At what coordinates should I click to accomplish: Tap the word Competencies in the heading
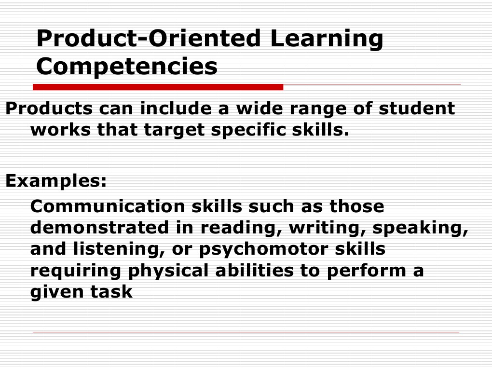point(127,67)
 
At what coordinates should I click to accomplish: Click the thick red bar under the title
point(158,87)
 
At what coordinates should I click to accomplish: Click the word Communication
point(108,206)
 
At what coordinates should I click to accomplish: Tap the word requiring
point(76,271)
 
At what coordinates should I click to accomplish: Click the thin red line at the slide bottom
point(246,332)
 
